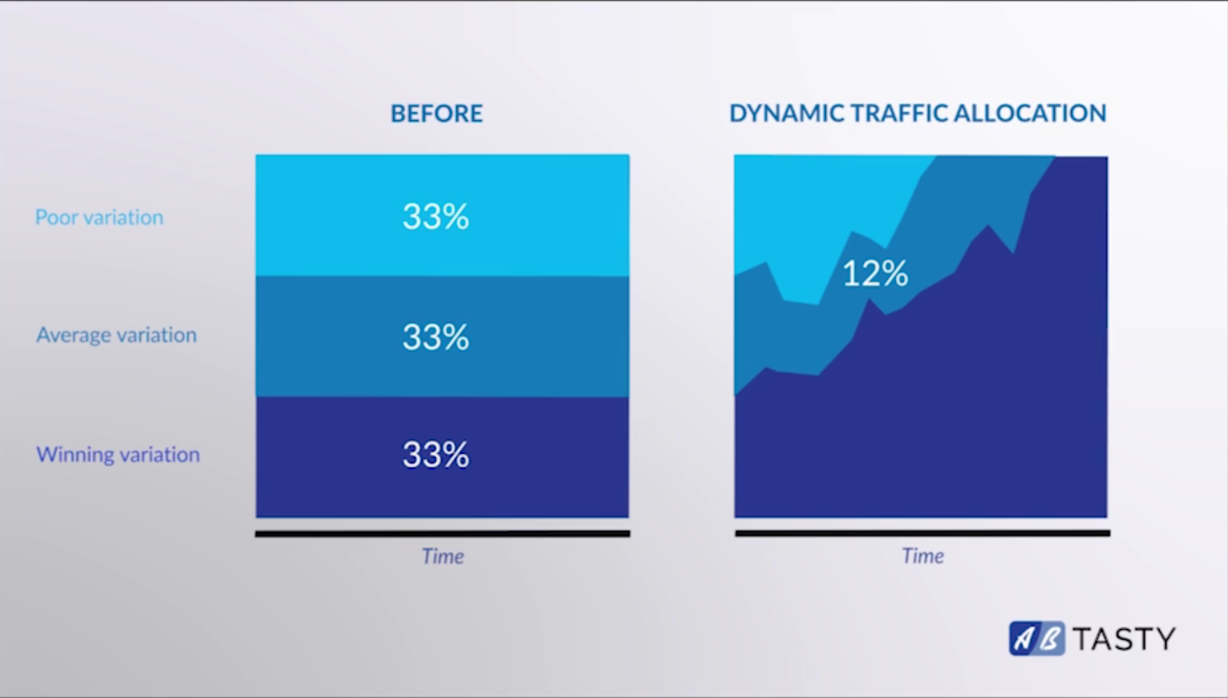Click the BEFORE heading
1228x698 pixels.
click(436, 114)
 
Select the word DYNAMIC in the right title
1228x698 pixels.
click(786, 114)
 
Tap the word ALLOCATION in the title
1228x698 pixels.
click(1030, 114)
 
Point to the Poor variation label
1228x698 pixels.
click(100, 217)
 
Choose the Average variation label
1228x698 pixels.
click(117, 335)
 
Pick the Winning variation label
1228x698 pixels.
click(118, 455)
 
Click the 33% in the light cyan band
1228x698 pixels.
click(436, 216)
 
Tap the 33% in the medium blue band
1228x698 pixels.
click(436, 336)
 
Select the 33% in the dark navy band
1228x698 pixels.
click(436, 455)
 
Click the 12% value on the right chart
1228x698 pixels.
click(875, 273)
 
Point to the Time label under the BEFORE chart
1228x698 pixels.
click(442, 556)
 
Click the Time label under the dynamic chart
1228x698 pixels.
click(923, 556)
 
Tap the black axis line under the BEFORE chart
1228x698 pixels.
click(442, 534)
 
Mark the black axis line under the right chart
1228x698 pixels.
click(923, 533)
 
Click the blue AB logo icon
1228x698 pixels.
click(1037, 638)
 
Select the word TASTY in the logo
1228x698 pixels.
click(1124, 639)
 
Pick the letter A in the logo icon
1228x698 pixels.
click(1023, 638)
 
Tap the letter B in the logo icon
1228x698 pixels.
click(1049, 638)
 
